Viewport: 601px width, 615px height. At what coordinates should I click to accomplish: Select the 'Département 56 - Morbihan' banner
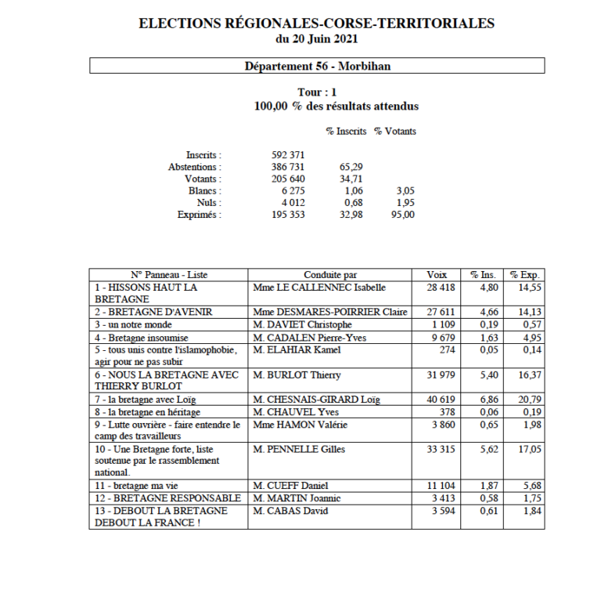tap(317, 66)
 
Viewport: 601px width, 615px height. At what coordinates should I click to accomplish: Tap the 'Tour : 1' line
tap(317, 92)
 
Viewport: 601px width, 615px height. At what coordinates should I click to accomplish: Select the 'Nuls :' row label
tap(208, 202)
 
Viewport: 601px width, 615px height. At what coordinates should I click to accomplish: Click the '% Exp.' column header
tap(525, 275)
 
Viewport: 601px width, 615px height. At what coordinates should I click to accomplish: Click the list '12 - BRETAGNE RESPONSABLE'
tap(167, 498)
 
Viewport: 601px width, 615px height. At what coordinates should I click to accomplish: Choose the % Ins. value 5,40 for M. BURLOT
tap(484, 374)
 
